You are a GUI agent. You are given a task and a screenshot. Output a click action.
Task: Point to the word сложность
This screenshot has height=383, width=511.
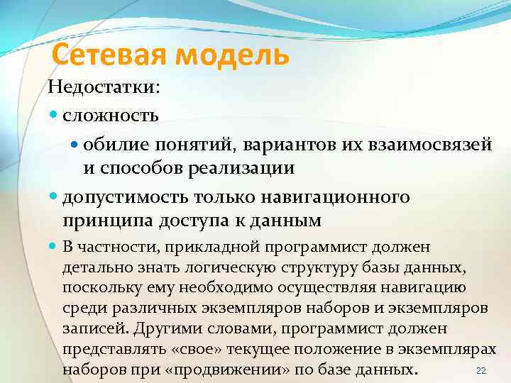[x=110, y=113]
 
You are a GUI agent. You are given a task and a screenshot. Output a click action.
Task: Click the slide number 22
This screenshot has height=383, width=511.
[x=480, y=370]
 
